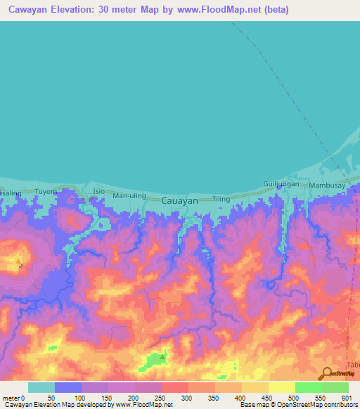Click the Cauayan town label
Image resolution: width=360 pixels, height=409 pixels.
click(179, 200)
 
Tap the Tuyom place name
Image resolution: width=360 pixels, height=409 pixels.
click(45, 191)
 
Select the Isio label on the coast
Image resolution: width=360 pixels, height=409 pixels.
click(98, 191)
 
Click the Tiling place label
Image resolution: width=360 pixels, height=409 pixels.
click(221, 199)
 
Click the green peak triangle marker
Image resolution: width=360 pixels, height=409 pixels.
click(163, 356)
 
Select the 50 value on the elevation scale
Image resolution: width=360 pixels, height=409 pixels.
click(51, 397)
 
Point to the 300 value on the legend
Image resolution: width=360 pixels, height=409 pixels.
click(186, 397)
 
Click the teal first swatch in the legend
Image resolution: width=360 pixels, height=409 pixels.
click(41, 387)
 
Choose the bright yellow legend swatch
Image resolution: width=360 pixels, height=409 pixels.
click(281, 387)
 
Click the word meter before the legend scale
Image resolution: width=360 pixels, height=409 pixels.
click(11, 397)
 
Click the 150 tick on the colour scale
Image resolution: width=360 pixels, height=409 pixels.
click(105, 397)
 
